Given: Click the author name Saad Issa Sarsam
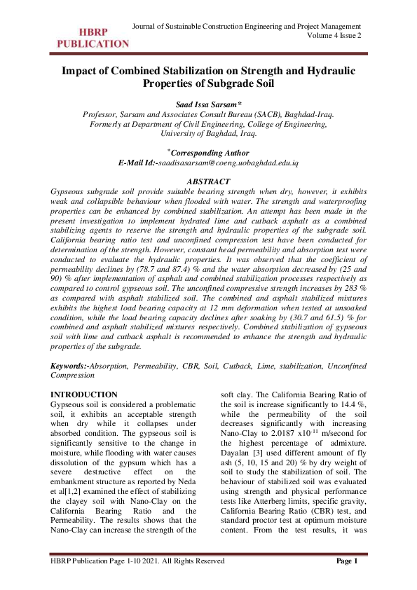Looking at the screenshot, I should [x=208, y=103].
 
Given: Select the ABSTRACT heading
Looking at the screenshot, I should [x=208, y=181].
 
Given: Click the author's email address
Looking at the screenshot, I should [x=229, y=162].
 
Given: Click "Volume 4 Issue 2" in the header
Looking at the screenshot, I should [x=334, y=36].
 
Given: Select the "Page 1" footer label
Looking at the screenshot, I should [x=347, y=580].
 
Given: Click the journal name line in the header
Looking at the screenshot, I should [x=247, y=26].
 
